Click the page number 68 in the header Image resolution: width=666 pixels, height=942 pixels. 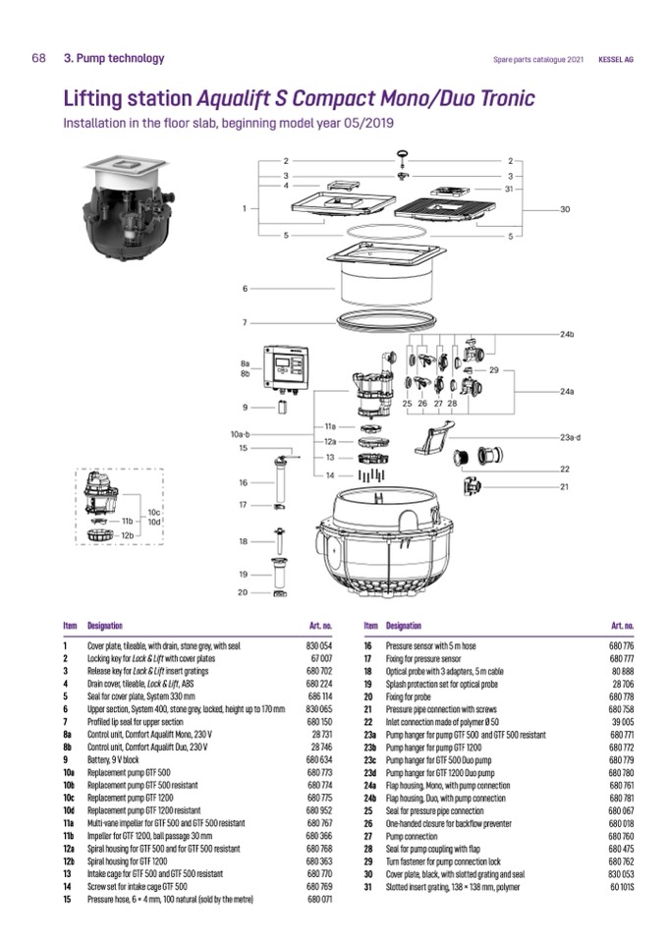(38, 59)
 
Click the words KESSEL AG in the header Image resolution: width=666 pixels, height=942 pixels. (616, 60)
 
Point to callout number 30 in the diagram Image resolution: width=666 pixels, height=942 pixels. (565, 209)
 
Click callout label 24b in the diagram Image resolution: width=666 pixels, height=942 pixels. (567, 335)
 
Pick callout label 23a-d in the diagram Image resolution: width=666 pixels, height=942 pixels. (571, 436)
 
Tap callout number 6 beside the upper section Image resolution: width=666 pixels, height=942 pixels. (246, 289)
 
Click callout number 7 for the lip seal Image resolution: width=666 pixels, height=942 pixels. (246, 322)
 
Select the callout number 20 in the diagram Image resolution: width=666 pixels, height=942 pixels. (243, 592)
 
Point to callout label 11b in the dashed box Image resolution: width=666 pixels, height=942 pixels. (127, 521)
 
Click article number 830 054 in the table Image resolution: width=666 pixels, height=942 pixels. (319, 646)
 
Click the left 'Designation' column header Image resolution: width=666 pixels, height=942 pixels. (105, 625)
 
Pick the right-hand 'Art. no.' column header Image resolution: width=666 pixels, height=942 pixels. (622, 625)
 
